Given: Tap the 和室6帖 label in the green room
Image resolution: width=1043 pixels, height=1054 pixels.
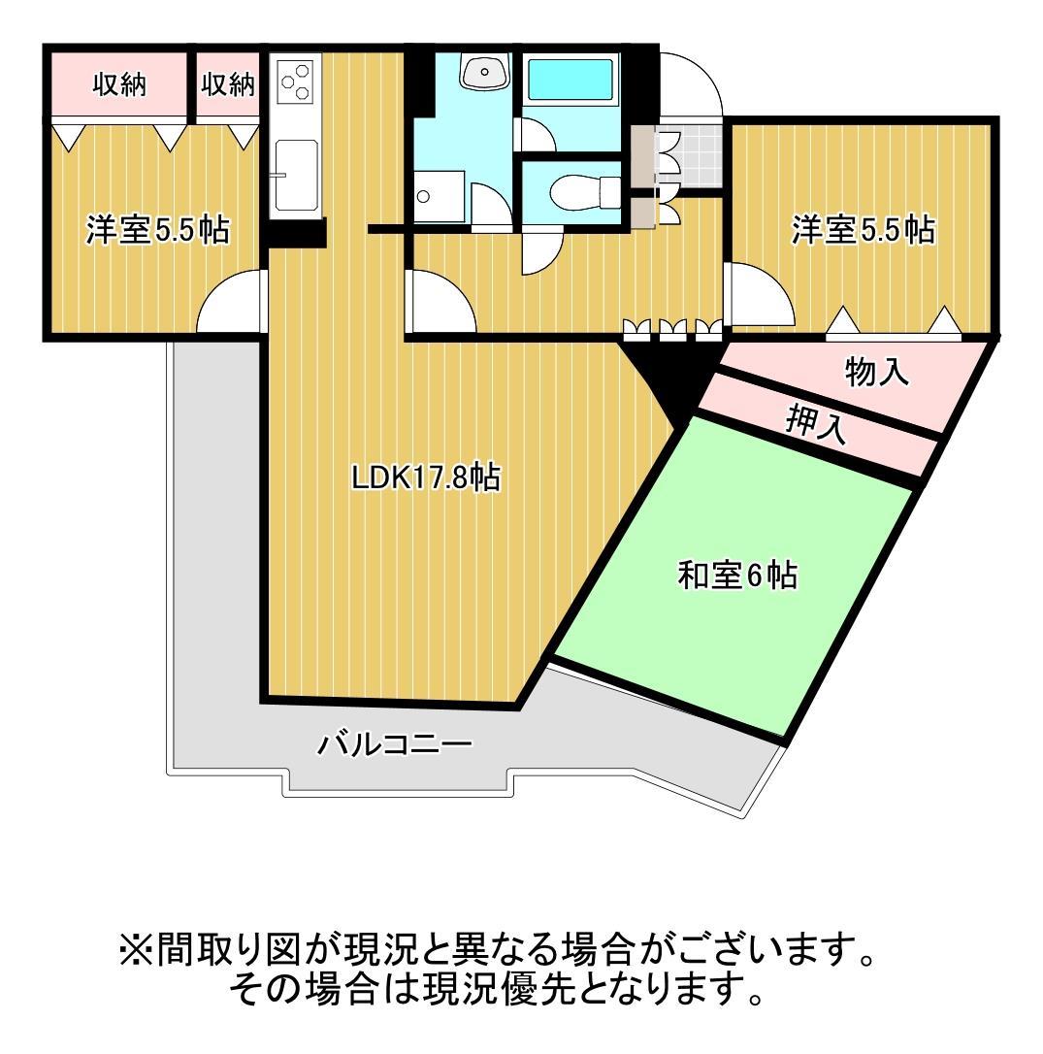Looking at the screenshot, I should point(737,576).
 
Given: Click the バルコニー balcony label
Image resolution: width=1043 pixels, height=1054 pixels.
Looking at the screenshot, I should point(395,745).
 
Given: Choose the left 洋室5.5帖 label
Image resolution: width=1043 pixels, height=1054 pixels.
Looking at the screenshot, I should point(157,230).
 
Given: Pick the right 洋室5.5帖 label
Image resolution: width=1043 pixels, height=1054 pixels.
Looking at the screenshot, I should point(863,230).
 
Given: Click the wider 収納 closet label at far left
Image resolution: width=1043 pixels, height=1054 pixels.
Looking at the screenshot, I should point(118,85).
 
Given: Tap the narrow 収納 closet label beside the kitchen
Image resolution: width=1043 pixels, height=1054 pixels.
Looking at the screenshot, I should point(228,85).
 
